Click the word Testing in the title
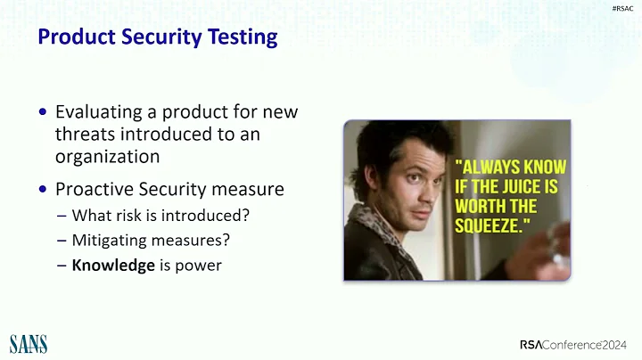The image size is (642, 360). click(x=243, y=37)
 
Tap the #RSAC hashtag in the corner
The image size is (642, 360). click(x=623, y=7)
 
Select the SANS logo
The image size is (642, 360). click(x=28, y=343)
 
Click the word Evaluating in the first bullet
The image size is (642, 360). click(x=95, y=113)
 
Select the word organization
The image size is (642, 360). click(x=107, y=156)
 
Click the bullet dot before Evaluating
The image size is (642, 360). click(x=44, y=114)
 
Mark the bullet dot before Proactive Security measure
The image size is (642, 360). click(x=44, y=190)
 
